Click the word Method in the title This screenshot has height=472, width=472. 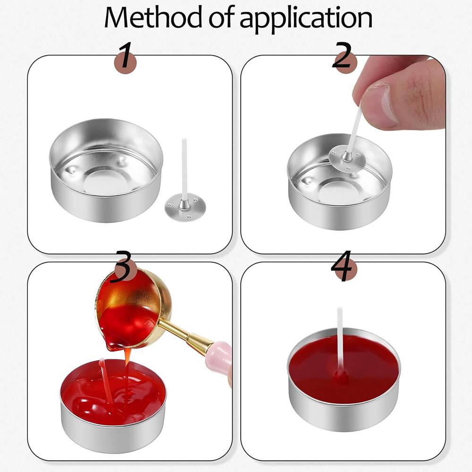153,17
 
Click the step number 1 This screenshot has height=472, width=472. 125,56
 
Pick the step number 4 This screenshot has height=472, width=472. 343,266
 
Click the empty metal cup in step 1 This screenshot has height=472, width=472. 106,170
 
